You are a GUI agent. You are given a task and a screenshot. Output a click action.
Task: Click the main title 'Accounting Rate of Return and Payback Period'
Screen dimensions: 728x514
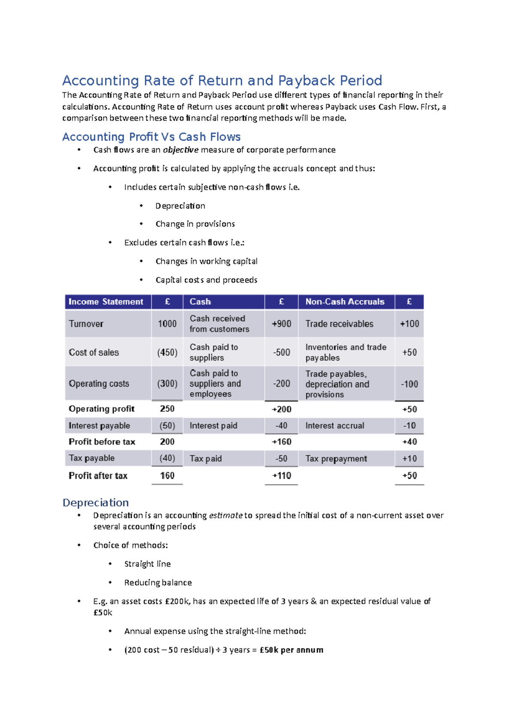[x=222, y=81]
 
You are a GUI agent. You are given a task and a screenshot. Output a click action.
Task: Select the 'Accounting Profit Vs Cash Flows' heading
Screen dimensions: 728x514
[x=151, y=137]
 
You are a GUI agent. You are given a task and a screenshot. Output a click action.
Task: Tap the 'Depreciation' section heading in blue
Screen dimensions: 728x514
[x=96, y=502]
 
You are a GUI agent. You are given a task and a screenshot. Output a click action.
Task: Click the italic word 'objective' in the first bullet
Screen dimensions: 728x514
[x=180, y=150]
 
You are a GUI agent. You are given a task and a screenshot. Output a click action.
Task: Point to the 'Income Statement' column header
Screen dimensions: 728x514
[x=106, y=302]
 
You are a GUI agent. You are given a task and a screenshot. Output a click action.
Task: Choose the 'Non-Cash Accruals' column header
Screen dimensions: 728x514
[x=345, y=302]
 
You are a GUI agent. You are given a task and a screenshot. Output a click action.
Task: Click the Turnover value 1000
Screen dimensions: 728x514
[x=167, y=324]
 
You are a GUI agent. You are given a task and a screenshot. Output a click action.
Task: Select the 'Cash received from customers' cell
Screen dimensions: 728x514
[x=219, y=324]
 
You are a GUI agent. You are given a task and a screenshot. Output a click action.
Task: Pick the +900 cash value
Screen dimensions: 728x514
[x=281, y=324]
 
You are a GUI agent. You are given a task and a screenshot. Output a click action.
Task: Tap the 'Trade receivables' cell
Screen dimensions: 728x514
[x=339, y=324]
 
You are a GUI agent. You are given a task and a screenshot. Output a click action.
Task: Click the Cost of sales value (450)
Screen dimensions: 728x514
[x=167, y=352]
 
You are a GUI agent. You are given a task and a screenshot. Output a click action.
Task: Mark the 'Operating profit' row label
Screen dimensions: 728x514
[x=102, y=409]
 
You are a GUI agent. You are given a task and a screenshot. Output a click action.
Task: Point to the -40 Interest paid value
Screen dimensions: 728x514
[x=281, y=426]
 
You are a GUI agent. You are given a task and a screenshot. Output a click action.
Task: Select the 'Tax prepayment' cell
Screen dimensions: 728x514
[x=336, y=459]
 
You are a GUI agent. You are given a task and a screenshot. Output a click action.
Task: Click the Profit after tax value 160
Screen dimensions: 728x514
[x=167, y=475]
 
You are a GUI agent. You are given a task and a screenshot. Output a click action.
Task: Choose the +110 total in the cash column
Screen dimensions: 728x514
[x=281, y=475]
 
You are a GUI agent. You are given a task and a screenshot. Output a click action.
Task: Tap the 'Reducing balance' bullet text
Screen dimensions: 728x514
[x=158, y=583]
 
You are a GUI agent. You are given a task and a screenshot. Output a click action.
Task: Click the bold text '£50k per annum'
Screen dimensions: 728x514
[x=291, y=650]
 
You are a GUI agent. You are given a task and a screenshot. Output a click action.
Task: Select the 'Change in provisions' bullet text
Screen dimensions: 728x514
[x=195, y=224]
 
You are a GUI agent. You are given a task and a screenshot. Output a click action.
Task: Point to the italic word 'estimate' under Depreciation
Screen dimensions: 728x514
[x=226, y=515]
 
